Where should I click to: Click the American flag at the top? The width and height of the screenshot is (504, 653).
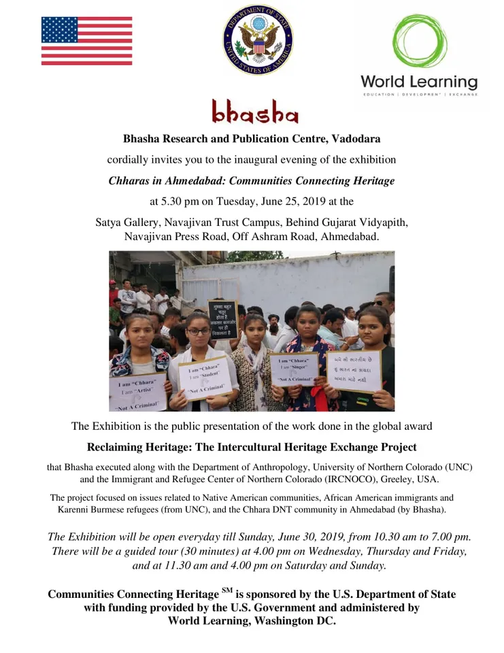[86, 41]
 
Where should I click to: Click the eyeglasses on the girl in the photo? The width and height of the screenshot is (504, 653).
[198, 331]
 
